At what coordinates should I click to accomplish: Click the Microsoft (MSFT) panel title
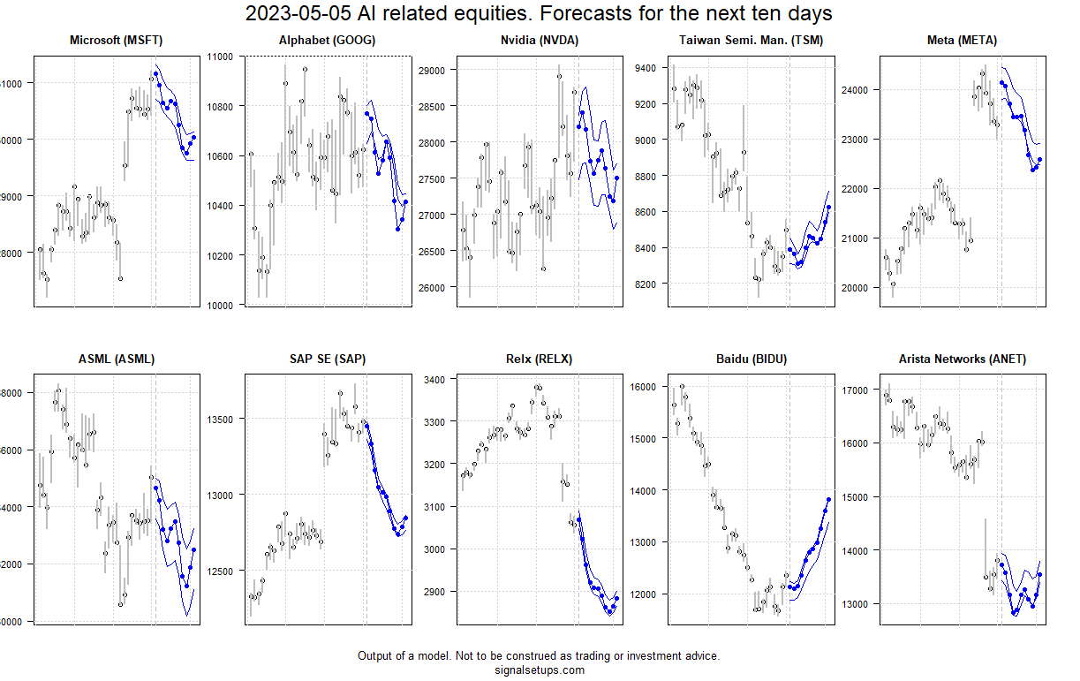[x=116, y=41]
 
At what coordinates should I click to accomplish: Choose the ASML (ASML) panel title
[x=116, y=359]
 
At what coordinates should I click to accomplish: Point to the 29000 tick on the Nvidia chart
[x=430, y=69]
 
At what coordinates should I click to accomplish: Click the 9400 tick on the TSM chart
[x=643, y=68]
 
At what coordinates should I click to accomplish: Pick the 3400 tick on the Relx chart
[x=433, y=379]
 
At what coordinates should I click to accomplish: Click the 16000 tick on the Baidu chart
[x=642, y=387]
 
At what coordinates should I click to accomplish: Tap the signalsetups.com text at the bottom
[x=539, y=670]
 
